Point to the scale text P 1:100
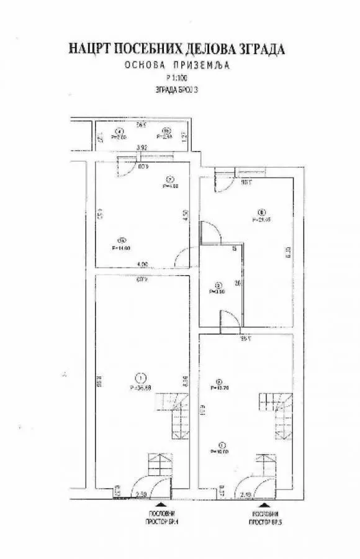(x=178, y=78)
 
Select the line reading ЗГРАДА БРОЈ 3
(x=178, y=89)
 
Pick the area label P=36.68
(x=142, y=388)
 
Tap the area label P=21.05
(x=262, y=219)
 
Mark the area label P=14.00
(x=120, y=248)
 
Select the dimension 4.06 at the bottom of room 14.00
(x=142, y=265)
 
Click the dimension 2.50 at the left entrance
(x=141, y=494)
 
